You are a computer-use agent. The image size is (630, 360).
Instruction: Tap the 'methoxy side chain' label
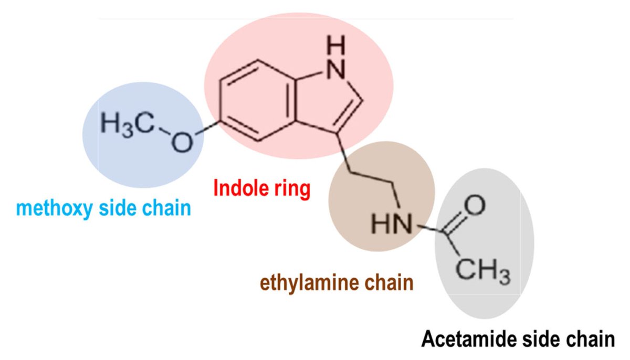tap(103, 208)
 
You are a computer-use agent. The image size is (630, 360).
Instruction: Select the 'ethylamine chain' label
tap(337, 283)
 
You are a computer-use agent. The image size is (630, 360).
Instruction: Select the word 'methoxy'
tap(55, 208)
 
